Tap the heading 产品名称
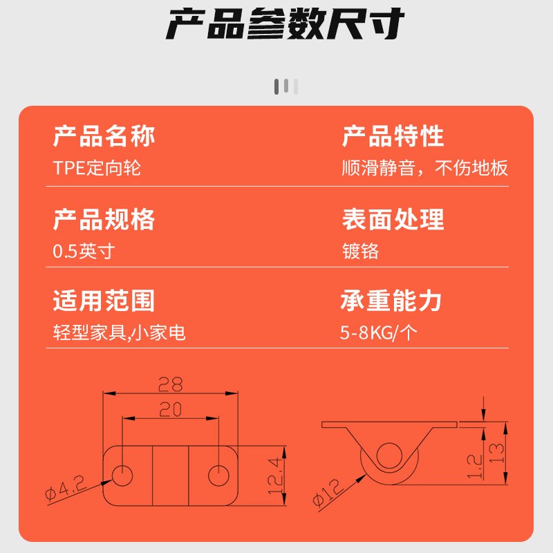coord(104,136)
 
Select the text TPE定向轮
coord(97,168)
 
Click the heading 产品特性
coord(393,136)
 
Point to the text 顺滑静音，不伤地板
coord(425,168)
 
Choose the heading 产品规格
coord(104,219)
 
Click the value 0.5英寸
coord(84,251)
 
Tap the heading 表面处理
coord(393,219)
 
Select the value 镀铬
coord(360,251)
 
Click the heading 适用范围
coord(104,301)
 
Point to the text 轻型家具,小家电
coord(120,333)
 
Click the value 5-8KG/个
coord(379,333)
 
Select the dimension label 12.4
coord(275,472)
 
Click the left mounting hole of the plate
coord(122,474)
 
